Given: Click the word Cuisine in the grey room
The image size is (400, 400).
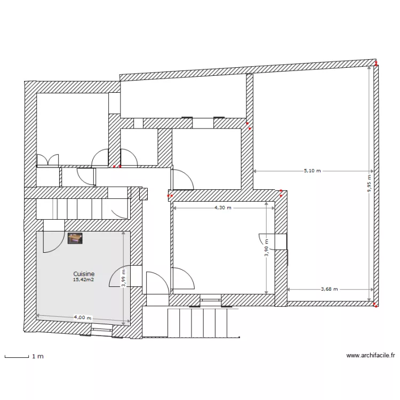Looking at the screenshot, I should (84, 273).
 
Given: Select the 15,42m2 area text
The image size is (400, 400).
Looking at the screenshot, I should (84, 279).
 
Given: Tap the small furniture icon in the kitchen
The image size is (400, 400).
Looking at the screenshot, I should (75, 238).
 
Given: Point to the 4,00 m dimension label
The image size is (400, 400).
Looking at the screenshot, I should (82, 318).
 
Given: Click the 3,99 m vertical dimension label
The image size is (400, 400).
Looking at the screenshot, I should (123, 277).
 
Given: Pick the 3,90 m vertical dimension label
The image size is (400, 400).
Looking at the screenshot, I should (267, 247).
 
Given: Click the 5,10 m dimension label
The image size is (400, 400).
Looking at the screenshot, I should (313, 171).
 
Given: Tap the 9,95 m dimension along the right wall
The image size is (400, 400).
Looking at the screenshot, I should (369, 183).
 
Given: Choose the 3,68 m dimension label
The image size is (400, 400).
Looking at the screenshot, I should (330, 289).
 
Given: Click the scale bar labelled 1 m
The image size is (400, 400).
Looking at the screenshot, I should (17, 356).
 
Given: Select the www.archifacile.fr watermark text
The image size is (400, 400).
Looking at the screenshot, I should (370, 355).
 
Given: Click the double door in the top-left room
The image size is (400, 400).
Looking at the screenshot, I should (47, 161).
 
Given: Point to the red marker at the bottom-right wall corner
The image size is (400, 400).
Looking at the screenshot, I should (375, 306).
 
